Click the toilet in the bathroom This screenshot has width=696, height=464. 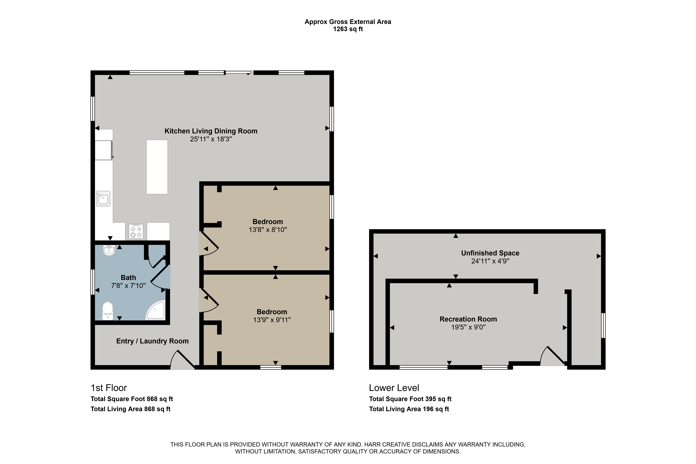pyautogui.click(x=108, y=311)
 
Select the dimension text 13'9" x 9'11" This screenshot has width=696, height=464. pyautogui.click(x=272, y=320)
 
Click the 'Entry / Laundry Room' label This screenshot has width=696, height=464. pyautogui.click(x=152, y=341)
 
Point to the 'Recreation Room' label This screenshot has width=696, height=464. pyautogui.click(x=468, y=319)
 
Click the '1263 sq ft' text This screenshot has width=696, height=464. pyautogui.click(x=348, y=29)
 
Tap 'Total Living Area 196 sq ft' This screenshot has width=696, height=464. pyautogui.click(x=409, y=409)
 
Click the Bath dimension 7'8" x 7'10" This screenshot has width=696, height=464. pyautogui.click(x=128, y=286)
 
